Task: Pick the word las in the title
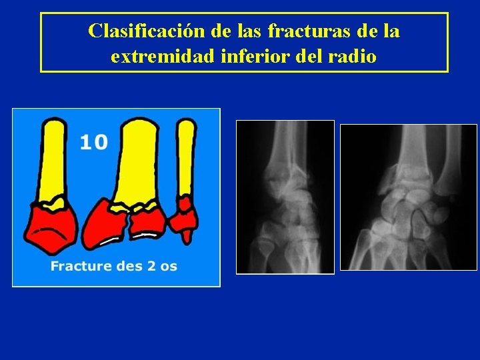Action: point(247,31)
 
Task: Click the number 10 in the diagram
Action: point(93,141)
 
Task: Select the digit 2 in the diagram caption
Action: point(151,267)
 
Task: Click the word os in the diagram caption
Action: point(169,267)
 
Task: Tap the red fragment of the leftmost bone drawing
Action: point(50,227)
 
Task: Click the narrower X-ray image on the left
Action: point(285,197)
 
